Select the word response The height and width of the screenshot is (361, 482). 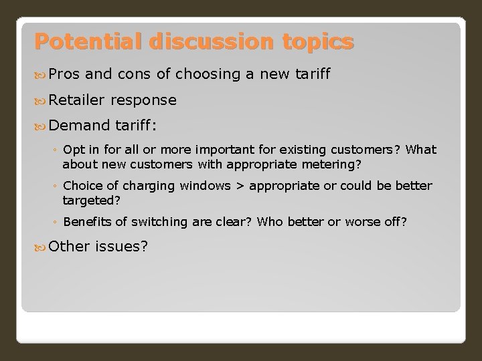tap(145, 100)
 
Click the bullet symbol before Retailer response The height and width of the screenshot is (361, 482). tap(39, 101)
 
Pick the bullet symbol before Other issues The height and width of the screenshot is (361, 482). tap(39, 247)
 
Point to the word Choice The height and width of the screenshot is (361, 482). tap(80, 185)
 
